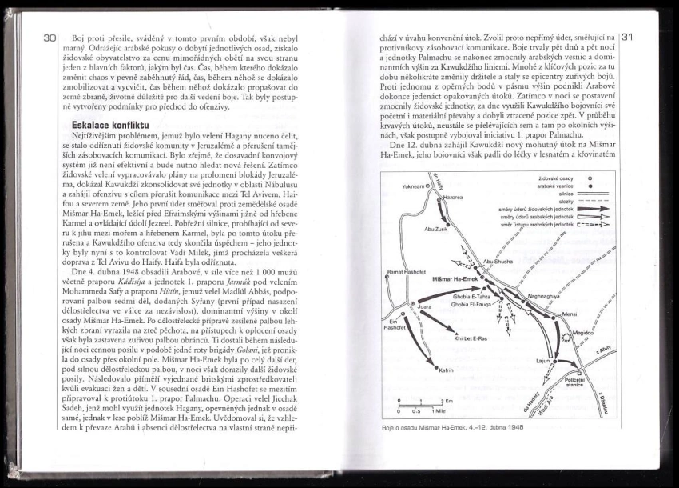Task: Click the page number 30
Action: coord(50,38)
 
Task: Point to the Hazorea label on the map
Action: coord(453,196)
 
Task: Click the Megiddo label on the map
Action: coord(582,332)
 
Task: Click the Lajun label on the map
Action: coord(544,361)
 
